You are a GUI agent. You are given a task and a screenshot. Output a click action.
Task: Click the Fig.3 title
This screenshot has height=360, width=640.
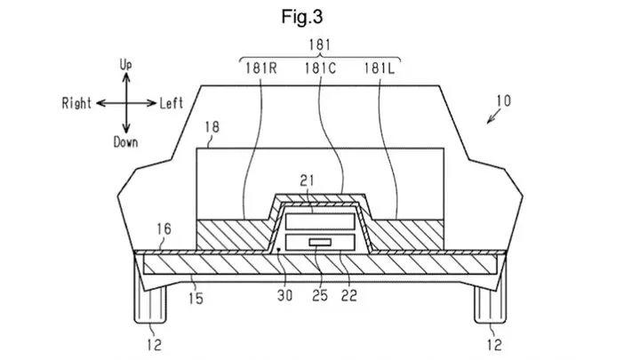click(x=302, y=17)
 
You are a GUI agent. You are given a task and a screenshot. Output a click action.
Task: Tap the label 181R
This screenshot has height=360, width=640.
click(x=261, y=68)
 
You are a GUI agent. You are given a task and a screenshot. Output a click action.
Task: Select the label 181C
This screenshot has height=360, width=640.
click(x=320, y=68)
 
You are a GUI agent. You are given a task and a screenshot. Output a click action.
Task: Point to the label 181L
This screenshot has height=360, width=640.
click(x=380, y=68)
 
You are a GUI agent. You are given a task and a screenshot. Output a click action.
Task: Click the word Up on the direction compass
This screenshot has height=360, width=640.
click(x=125, y=65)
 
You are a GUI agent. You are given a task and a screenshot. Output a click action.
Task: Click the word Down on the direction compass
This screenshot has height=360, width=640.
click(x=125, y=142)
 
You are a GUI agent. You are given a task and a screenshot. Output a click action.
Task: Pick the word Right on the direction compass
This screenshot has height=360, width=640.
click(x=76, y=103)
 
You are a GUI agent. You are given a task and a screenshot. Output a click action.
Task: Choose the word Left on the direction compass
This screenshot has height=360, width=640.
click(x=171, y=103)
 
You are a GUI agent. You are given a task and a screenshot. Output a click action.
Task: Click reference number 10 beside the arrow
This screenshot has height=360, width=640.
click(x=504, y=100)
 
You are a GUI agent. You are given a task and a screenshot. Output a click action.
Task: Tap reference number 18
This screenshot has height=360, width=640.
click(x=212, y=127)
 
